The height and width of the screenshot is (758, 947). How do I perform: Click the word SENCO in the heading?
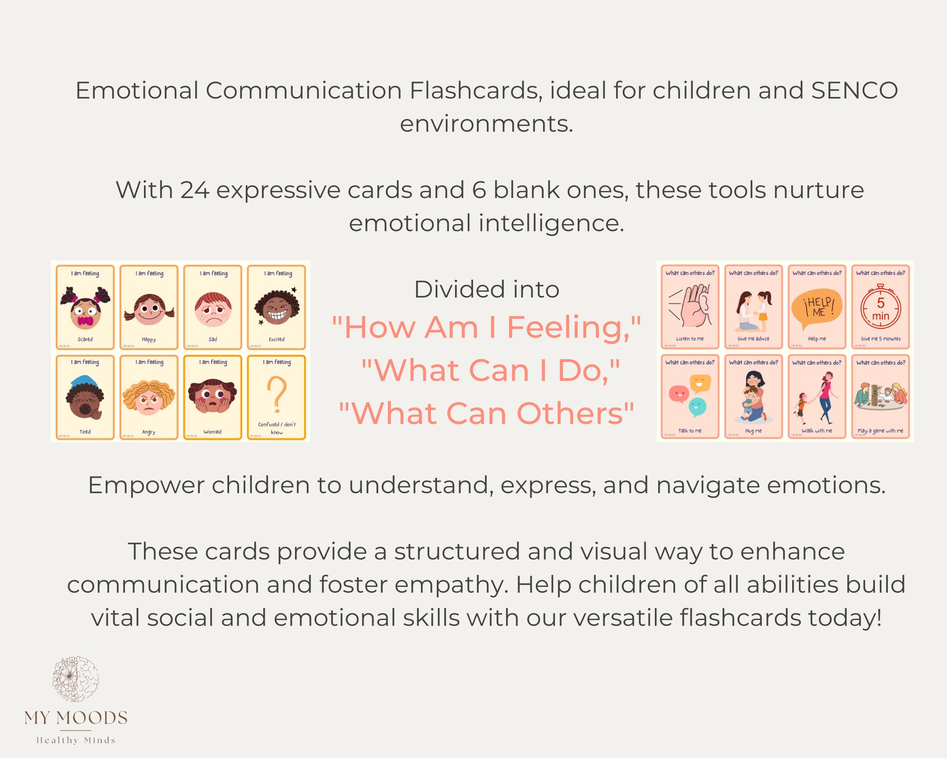[854, 90]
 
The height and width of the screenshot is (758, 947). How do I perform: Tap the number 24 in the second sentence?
[195, 190]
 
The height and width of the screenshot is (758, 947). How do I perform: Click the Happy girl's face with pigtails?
[149, 309]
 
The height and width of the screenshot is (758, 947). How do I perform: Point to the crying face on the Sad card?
[213, 309]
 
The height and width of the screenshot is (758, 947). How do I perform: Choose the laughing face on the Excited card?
[277, 309]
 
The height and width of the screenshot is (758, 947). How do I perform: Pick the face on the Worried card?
[213, 396]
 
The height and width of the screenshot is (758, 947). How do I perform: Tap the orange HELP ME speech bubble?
[816, 308]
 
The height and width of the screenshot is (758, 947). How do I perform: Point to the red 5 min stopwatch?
[880, 307]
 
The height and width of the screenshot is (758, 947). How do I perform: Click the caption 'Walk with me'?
[816, 431]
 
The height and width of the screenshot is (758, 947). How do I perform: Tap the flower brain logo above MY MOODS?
[76, 679]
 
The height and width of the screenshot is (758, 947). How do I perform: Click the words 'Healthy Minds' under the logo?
[76, 740]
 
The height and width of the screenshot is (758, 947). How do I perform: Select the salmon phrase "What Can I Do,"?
[490, 370]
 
